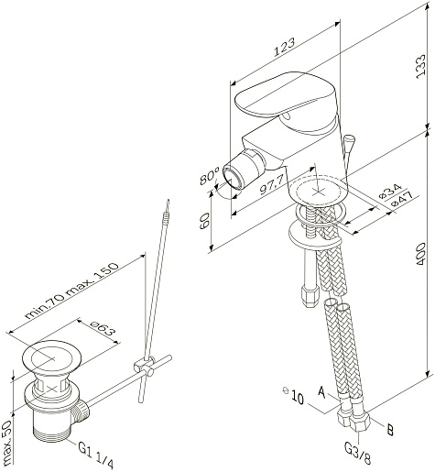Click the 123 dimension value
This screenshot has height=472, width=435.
[x=285, y=47]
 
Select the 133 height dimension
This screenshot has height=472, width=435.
[x=420, y=66]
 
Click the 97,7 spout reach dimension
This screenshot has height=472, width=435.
[x=272, y=184]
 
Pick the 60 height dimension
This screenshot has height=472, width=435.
[x=204, y=221]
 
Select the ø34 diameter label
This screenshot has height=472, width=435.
[x=390, y=192]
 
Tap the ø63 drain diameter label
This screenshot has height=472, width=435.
[x=103, y=329]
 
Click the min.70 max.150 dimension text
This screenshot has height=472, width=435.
[x=71, y=291]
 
